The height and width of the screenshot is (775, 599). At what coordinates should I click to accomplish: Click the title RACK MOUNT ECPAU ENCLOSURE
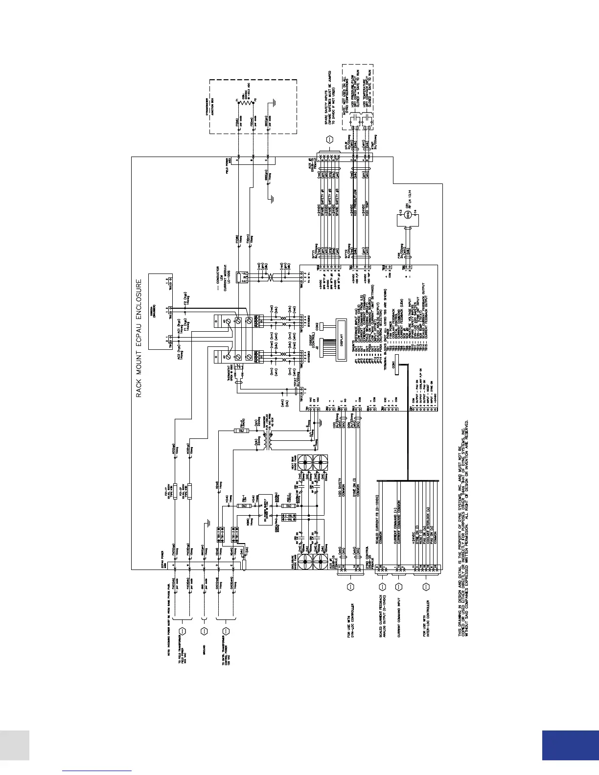pos(139,338)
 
